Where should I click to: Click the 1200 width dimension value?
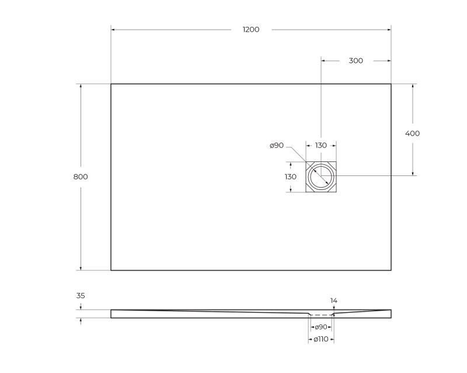[x=251, y=30]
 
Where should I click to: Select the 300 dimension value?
[x=356, y=61]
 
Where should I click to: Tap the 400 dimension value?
[x=412, y=133]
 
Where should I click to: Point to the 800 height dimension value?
[x=81, y=177]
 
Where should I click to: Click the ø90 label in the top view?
[x=277, y=145]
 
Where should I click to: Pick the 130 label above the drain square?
[x=321, y=145]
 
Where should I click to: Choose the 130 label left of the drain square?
[x=291, y=177]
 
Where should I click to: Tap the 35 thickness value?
[x=81, y=295]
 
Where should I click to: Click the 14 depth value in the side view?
[x=333, y=301]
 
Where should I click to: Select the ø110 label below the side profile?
[x=321, y=339]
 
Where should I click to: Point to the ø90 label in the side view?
[x=321, y=327]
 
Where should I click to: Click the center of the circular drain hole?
[x=321, y=176]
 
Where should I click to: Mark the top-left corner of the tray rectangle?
[x=111, y=84]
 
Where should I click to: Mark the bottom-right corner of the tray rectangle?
[x=391, y=270]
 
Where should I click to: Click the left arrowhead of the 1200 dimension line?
[x=113, y=30]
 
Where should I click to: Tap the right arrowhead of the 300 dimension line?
[x=389, y=61]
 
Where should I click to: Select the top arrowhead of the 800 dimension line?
[x=81, y=86]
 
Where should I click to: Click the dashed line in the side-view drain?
[x=321, y=315]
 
